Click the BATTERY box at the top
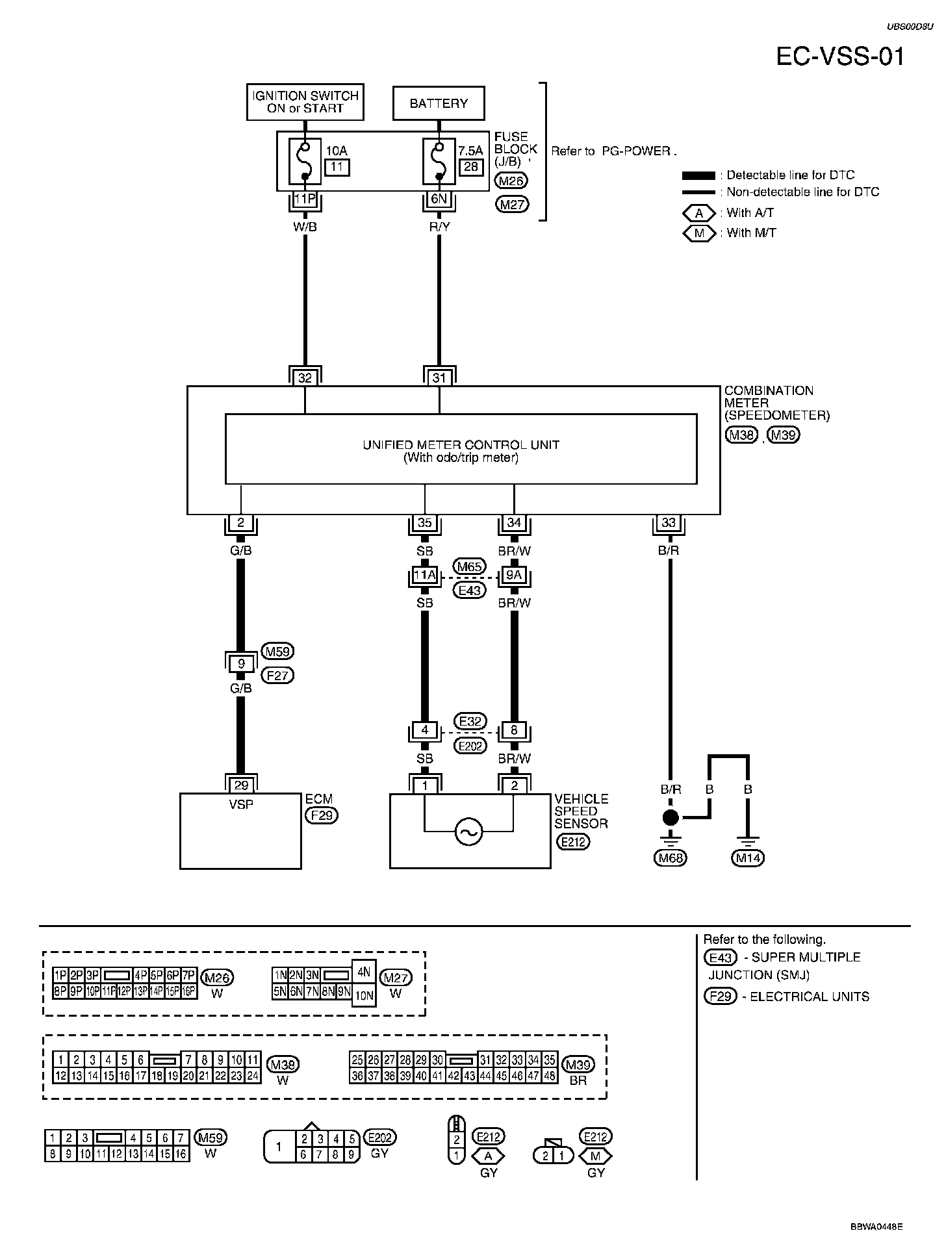pos(439,103)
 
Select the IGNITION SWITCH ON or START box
pos(305,102)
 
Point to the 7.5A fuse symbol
pos(439,161)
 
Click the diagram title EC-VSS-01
pos(840,57)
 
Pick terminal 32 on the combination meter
pos(305,377)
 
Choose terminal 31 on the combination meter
pos(439,377)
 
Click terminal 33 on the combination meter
pos(669,522)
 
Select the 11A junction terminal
pos(425,576)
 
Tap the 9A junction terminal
pos(514,576)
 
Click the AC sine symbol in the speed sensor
pos(469,832)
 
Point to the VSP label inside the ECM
pos(241,804)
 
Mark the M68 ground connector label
pos(671,858)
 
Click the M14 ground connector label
pos(748,858)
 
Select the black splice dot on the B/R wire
pos(671,817)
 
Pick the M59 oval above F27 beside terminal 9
pos(277,652)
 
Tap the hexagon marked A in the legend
pos(699,213)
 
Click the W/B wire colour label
pos(305,227)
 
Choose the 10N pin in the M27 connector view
pos(364,995)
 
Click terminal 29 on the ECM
pos(241,785)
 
